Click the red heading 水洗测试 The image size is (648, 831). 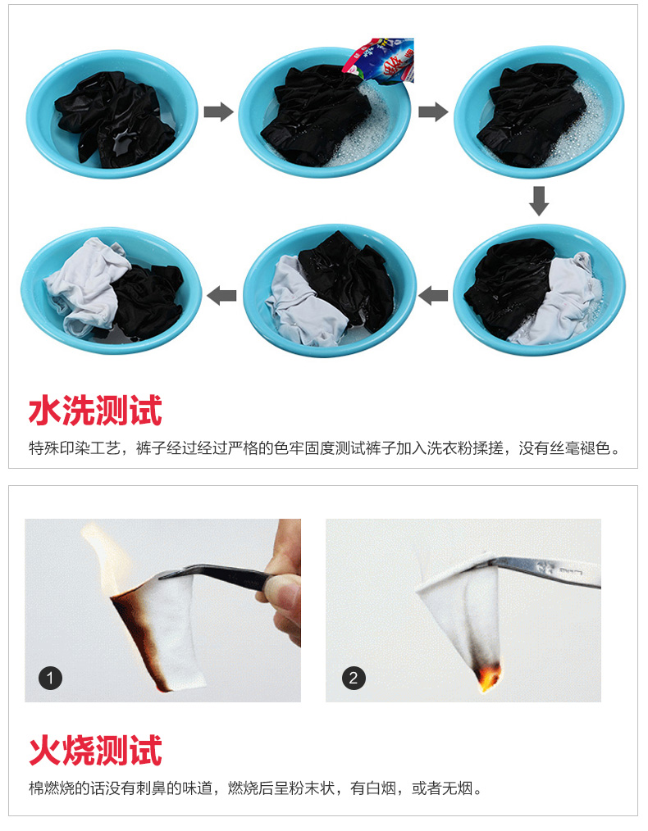[95, 411]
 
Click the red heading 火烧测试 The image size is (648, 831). [95, 750]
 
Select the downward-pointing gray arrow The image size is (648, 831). [539, 201]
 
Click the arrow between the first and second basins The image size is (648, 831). [218, 111]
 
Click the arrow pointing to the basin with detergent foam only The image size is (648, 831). [433, 111]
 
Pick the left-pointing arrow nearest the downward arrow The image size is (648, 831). [433, 295]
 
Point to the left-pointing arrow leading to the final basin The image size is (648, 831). [221, 295]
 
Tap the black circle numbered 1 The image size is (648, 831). [50, 679]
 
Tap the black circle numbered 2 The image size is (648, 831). [354, 678]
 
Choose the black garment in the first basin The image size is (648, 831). [114, 120]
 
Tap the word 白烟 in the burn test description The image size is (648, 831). [381, 788]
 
